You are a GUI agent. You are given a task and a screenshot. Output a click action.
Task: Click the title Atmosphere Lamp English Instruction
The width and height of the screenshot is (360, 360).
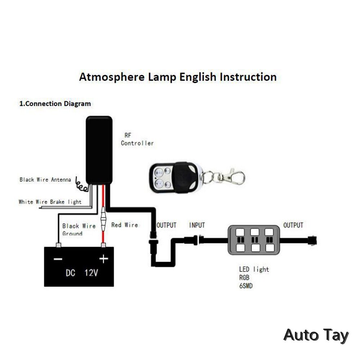(178, 77)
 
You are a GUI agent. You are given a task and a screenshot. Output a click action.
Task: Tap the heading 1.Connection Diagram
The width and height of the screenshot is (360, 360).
(55, 104)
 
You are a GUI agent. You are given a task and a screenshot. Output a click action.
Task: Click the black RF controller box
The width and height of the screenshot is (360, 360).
(99, 149)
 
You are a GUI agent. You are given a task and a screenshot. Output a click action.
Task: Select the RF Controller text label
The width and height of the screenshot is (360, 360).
(137, 139)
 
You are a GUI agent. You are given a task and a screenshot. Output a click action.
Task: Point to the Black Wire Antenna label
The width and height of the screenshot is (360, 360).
(45, 179)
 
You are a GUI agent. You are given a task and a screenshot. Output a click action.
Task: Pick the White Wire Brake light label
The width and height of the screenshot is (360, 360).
(50, 202)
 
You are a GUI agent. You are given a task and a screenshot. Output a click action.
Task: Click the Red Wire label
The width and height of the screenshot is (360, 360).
(125, 225)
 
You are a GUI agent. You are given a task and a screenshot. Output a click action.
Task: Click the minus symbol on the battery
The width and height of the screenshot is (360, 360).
(58, 259)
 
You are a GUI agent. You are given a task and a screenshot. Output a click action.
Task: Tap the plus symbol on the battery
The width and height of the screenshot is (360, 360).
(104, 259)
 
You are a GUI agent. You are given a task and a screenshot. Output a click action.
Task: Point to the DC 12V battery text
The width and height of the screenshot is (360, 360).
(82, 273)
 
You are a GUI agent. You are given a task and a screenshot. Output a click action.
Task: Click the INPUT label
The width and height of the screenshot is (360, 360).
(197, 225)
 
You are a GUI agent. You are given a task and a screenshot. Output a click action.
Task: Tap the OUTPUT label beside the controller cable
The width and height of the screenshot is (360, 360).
(166, 225)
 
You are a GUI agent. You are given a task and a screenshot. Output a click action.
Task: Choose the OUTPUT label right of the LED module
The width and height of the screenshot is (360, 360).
(293, 225)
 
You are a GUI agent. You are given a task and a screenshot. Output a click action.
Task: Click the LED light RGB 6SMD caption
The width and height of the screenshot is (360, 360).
(254, 278)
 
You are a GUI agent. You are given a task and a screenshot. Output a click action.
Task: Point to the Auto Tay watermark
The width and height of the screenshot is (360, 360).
(316, 335)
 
